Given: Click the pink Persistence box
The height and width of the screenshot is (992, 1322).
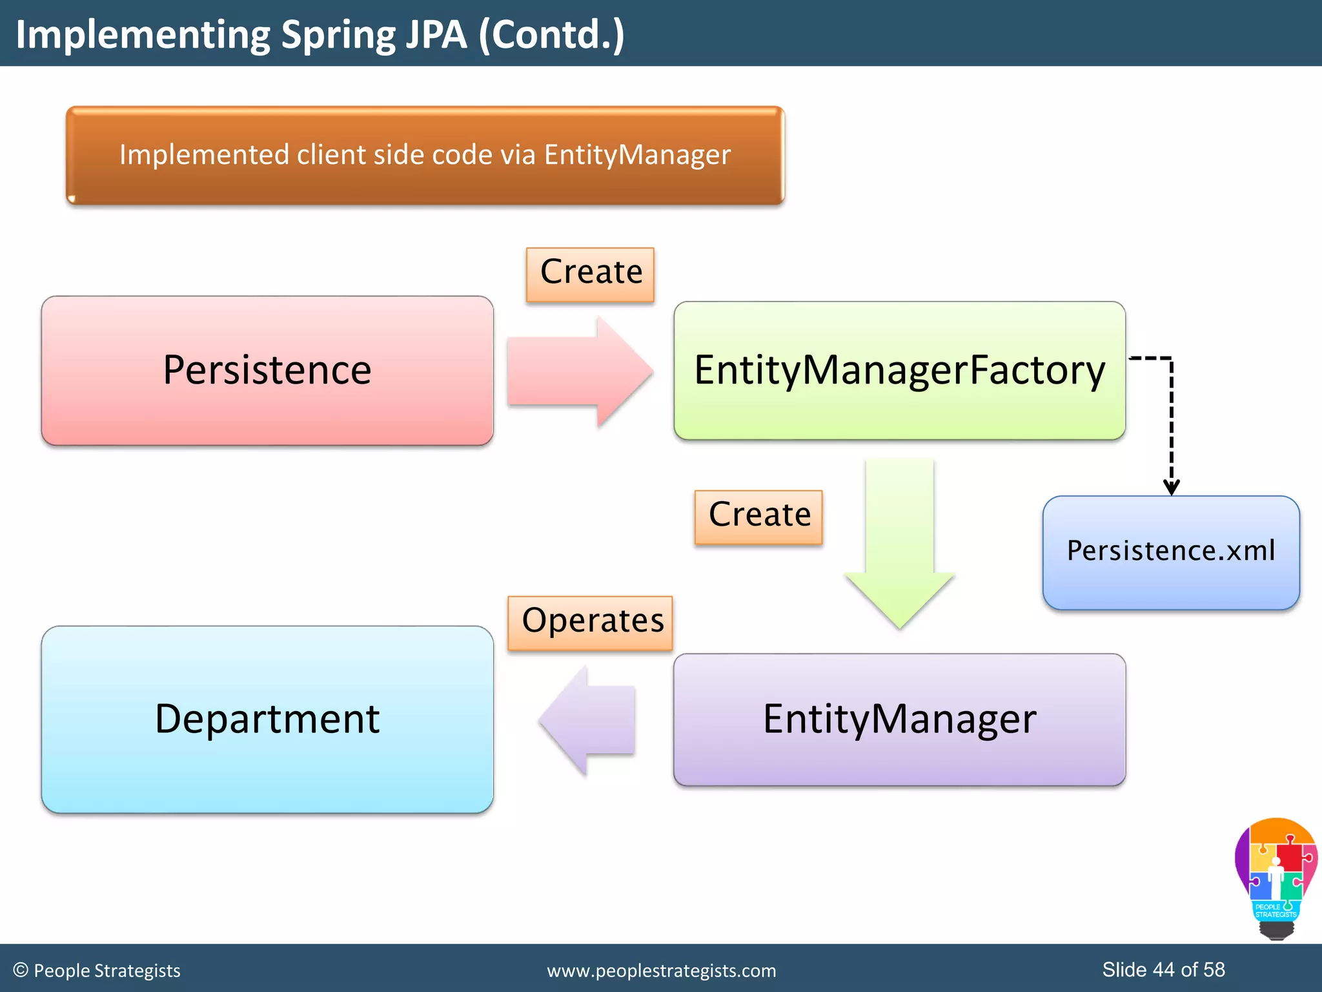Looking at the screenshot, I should pyautogui.click(x=267, y=371).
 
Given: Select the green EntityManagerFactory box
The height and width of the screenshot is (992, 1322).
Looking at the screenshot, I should pyautogui.click(x=899, y=371).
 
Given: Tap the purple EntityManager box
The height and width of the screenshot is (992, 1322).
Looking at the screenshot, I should pyautogui.click(x=899, y=719).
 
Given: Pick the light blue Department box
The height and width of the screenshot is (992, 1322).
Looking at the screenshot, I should pyautogui.click(x=267, y=719).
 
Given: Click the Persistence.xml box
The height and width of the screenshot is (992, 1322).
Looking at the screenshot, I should pyautogui.click(x=1171, y=552).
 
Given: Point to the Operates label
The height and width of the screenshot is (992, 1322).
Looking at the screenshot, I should pyautogui.click(x=591, y=622).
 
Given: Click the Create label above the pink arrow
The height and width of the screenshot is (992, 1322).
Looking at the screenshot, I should pyautogui.click(x=591, y=273).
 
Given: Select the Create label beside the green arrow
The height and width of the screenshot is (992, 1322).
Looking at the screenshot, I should pyautogui.click(x=758, y=516).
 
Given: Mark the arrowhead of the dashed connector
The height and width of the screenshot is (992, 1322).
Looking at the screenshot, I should pyautogui.click(x=1172, y=488).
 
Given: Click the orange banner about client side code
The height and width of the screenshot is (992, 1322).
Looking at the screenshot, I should pyautogui.click(x=425, y=156).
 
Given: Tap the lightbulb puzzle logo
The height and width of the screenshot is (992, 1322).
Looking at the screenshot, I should pyautogui.click(x=1275, y=878).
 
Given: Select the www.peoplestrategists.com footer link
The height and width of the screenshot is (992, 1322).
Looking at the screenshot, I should pyautogui.click(x=661, y=971).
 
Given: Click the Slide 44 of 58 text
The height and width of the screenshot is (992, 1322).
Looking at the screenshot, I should pyautogui.click(x=1163, y=969).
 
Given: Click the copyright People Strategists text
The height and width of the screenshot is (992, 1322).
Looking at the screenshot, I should pyautogui.click(x=97, y=971).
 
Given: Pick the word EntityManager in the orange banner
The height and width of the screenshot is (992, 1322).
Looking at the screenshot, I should pyautogui.click(x=637, y=155).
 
